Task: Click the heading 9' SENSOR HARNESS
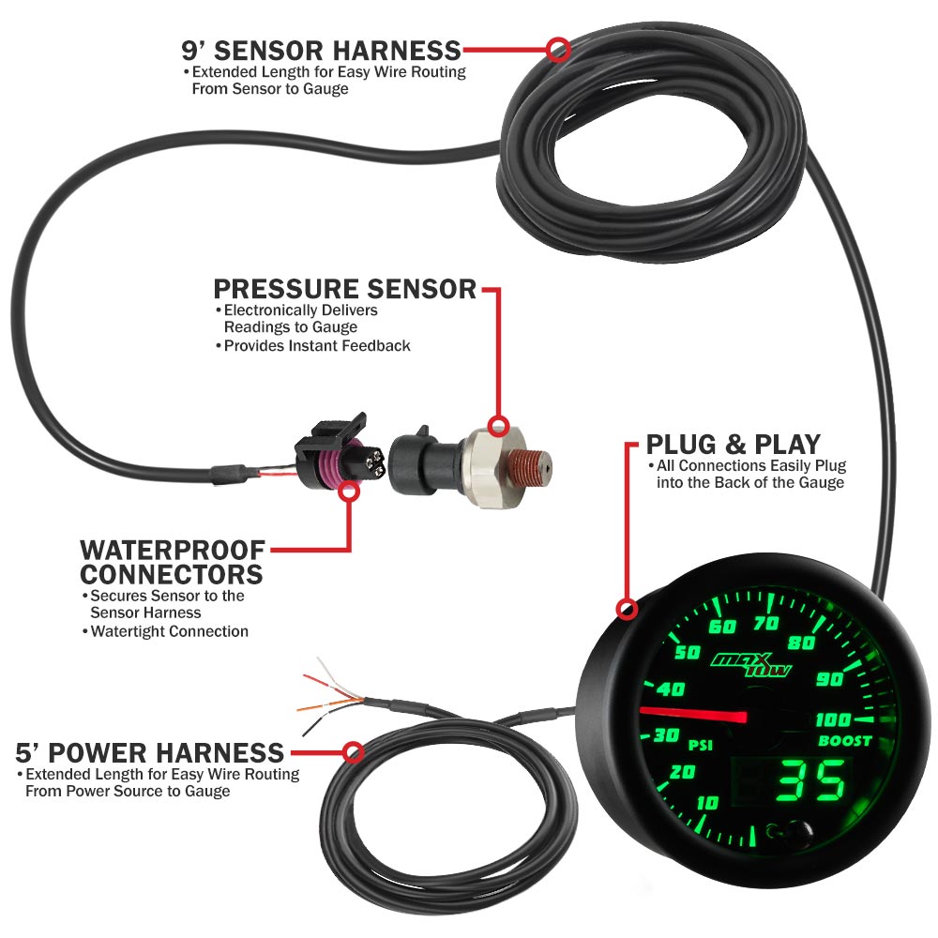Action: (x=321, y=51)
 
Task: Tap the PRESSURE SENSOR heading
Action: (x=344, y=289)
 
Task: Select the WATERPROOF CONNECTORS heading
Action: (x=173, y=562)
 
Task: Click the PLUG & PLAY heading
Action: (x=734, y=445)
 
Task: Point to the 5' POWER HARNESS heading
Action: (x=149, y=752)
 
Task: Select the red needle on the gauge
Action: (x=693, y=713)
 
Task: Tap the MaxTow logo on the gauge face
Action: (x=751, y=664)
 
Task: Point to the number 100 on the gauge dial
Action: (x=833, y=719)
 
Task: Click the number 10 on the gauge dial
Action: (x=707, y=802)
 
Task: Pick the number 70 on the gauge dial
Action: (x=765, y=624)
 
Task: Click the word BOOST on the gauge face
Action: (x=845, y=741)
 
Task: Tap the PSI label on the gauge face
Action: (x=701, y=745)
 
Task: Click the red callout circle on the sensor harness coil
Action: (x=557, y=50)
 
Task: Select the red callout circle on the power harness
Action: (x=354, y=752)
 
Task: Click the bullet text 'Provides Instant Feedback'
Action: (x=313, y=346)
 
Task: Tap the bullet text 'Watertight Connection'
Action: (x=165, y=631)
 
